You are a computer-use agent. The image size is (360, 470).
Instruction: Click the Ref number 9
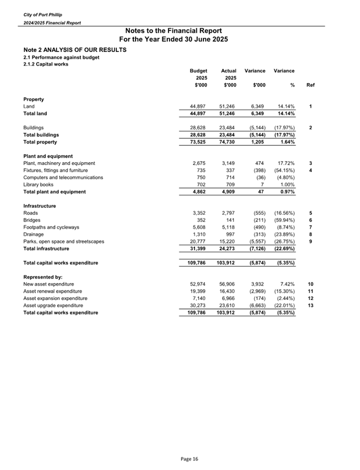coord(310,242)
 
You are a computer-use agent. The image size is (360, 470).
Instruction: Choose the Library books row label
coord(38,184)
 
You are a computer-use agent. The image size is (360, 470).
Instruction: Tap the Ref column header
coord(310,85)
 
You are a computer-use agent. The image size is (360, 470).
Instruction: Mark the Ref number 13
coord(310,306)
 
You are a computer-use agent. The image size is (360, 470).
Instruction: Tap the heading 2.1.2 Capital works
coord(46,64)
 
